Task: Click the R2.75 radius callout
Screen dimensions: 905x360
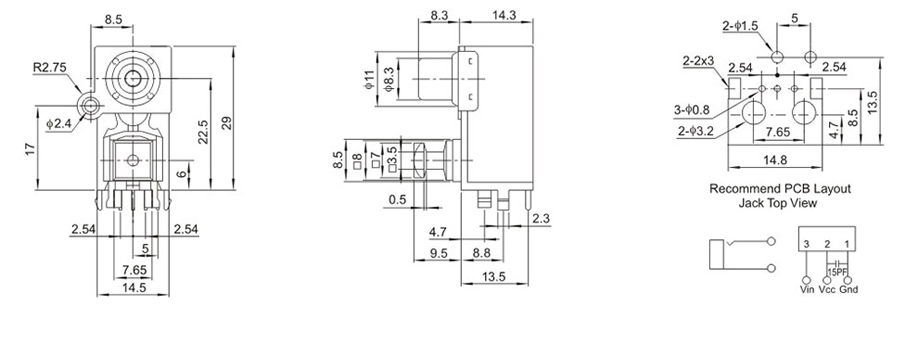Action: (50, 68)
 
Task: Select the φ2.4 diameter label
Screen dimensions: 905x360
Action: (58, 123)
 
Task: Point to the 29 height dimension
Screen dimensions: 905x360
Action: (227, 123)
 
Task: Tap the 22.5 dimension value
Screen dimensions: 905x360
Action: (203, 132)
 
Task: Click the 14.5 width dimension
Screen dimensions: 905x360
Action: (134, 287)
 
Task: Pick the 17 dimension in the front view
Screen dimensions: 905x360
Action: (32, 148)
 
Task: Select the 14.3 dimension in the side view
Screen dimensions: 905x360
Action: (504, 16)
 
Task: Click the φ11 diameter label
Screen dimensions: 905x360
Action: (369, 78)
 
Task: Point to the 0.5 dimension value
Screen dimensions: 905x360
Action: (398, 200)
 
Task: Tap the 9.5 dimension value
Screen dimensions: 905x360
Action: (439, 252)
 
